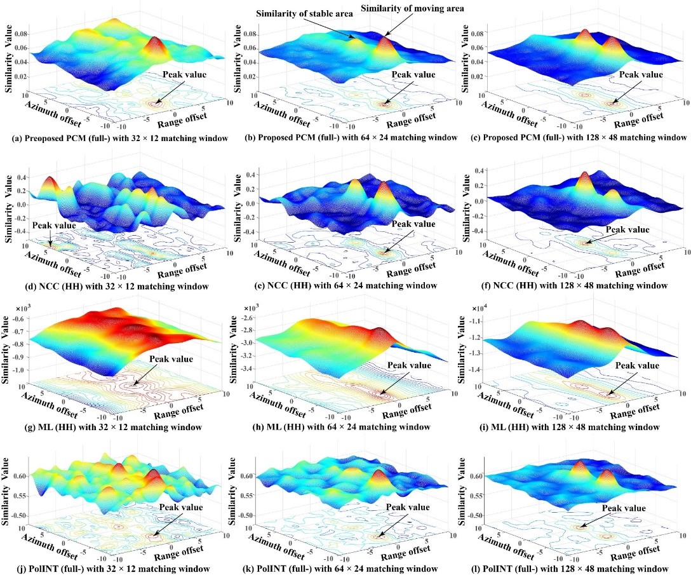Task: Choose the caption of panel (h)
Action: click(x=345, y=426)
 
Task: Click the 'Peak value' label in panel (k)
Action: click(x=409, y=507)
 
